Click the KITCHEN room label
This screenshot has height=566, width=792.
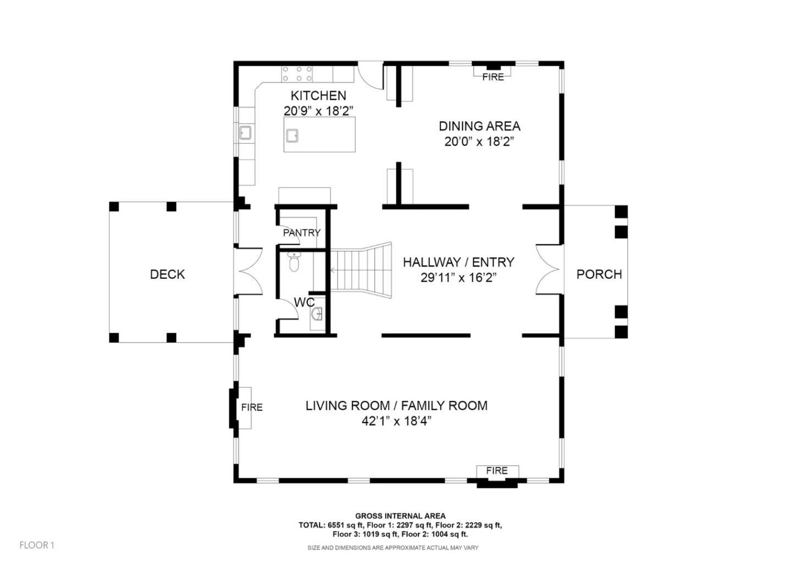click(x=318, y=96)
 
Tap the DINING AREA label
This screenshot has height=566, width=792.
click(x=479, y=126)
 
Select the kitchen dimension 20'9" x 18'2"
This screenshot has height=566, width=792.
click(x=318, y=111)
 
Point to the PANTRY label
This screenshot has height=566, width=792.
click(x=301, y=233)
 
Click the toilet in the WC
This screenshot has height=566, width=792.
click(x=294, y=263)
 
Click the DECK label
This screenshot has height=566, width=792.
click(x=167, y=274)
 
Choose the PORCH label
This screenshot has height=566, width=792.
click(x=599, y=274)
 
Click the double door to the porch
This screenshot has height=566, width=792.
click(x=548, y=270)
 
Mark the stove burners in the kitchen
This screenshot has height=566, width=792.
click(x=297, y=74)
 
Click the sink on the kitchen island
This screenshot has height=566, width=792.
click(x=291, y=134)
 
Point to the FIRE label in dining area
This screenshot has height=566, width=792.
click(x=493, y=77)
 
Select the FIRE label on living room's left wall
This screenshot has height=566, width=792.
click(x=252, y=408)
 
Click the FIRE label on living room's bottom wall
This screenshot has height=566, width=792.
click(x=496, y=471)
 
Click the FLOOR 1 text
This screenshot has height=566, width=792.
click(x=37, y=545)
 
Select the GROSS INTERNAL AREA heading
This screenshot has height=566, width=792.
click(x=400, y=516)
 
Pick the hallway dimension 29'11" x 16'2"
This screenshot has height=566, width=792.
click(x=459, y=278)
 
